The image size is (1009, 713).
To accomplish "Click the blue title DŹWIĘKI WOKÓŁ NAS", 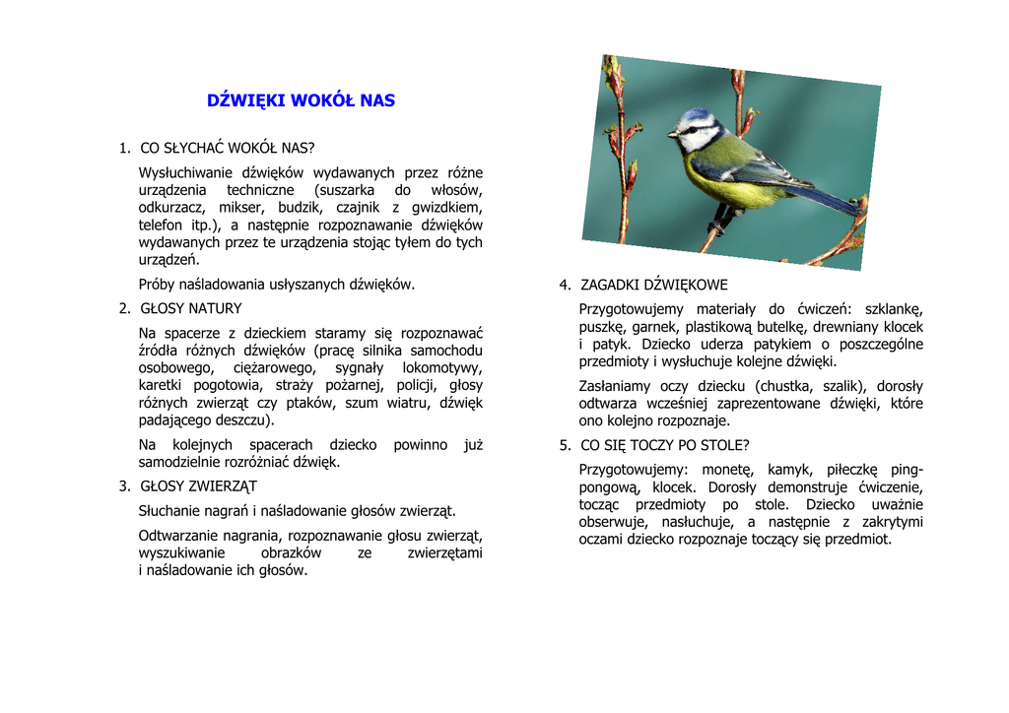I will click(x=301, y=100).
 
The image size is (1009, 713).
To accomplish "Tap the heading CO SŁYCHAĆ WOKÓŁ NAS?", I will click(x=228, y=149).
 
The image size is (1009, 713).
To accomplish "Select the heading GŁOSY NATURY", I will click(x=190, y=308).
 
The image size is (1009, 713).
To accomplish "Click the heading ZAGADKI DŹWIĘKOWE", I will click(x=654, y=285).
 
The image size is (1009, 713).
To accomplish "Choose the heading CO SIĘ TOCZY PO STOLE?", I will click(x=664, y=445).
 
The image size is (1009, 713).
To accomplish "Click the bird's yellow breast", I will click(x=719, y=182).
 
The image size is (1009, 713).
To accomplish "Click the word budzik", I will click(x=299, y=208).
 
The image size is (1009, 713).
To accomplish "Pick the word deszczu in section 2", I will click(x=239, y=421).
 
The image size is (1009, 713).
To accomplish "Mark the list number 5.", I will click(x=565, y=445).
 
